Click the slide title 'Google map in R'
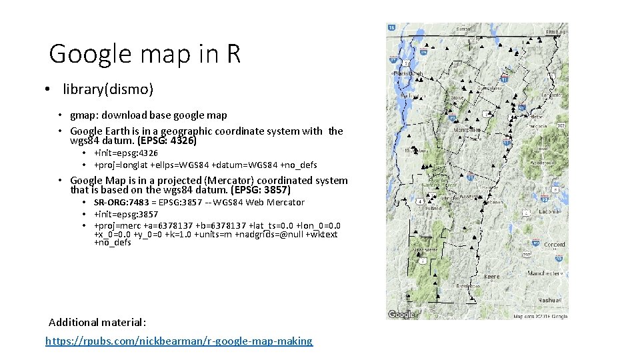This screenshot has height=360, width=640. point(145,53)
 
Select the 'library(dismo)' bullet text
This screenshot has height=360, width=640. point(108,89)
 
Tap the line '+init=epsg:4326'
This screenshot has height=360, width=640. point(126,153)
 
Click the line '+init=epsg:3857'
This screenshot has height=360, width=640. point(126,214)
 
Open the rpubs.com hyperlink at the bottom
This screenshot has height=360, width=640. point(179,341)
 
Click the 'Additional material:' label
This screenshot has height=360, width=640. point(97,322)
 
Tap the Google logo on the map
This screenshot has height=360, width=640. point(401,314)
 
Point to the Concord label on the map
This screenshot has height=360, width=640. point(554,245)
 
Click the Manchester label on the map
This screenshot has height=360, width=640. point(545,273)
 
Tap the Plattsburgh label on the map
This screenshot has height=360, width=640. point(408,73)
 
